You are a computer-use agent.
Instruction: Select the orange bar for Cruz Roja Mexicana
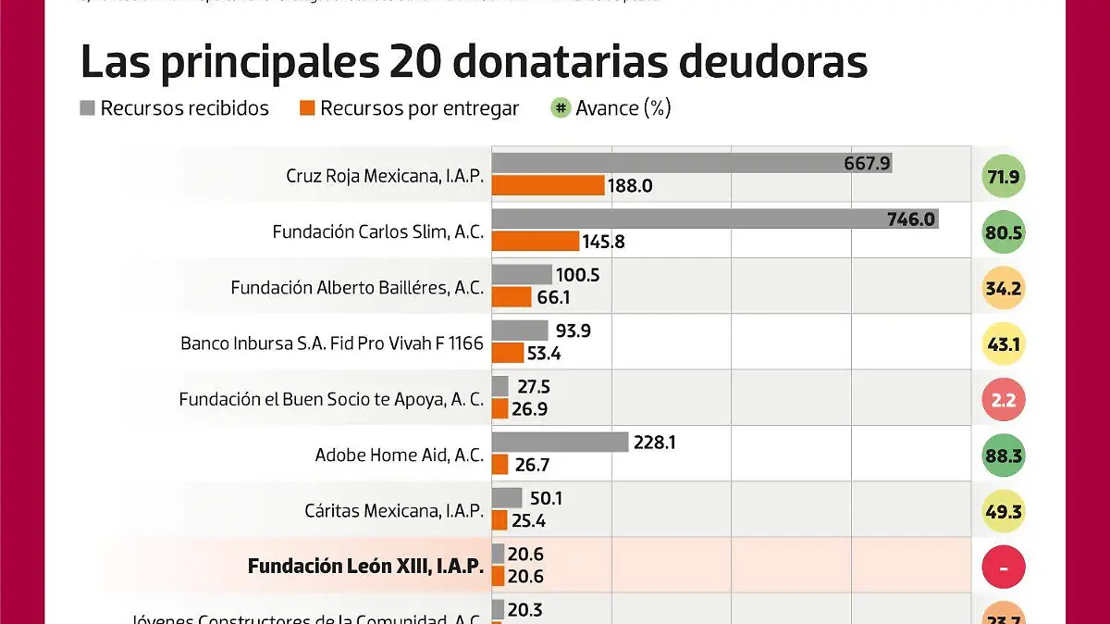click(x=548, y=185)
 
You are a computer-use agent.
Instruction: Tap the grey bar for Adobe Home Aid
click(x=560, y=443)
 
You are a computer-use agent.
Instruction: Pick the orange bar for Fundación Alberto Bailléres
click(x=512, y=297)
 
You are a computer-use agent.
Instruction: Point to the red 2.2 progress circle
click(x=1003, y=401)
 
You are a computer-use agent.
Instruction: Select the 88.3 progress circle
click(x=1003, y=456)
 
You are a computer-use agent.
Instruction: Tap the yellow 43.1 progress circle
click(x=1003, y=344)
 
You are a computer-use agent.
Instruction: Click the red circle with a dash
click(x=1003, y=568)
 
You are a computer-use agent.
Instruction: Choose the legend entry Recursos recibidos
click(x=184, y=108)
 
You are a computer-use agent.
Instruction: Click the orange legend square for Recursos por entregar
click(x=308, y=108)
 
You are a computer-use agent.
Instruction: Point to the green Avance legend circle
click(x=560, y=108)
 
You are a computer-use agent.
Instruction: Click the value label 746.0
click(x=912, y=219)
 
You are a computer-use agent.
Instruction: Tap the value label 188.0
click(x=630, y=186)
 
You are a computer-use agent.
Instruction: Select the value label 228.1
click(x=654, y=443)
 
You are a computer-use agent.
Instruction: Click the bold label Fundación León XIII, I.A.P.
click(x=365, y=567)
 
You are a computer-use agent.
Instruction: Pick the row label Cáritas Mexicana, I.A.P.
click(x=394, y=511)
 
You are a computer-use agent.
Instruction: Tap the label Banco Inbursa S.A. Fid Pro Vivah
click(x=331, y=343)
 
